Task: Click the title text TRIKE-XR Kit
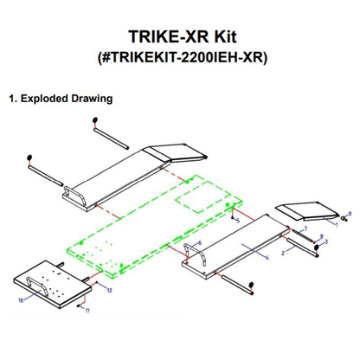pyautogui.click(x=180, y=37)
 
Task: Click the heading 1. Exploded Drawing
pyautogui.click(x=60, y=98)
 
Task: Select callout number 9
pyautogui.click(x=349, y=212)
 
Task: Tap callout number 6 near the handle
pyautogui.click(x=200, y=243)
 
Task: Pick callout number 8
pyautogui.click(x=322, y=235)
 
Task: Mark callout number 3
pyautogui.click(x=326, y=242)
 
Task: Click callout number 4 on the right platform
pyautogui.click(x=268, y=257)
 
